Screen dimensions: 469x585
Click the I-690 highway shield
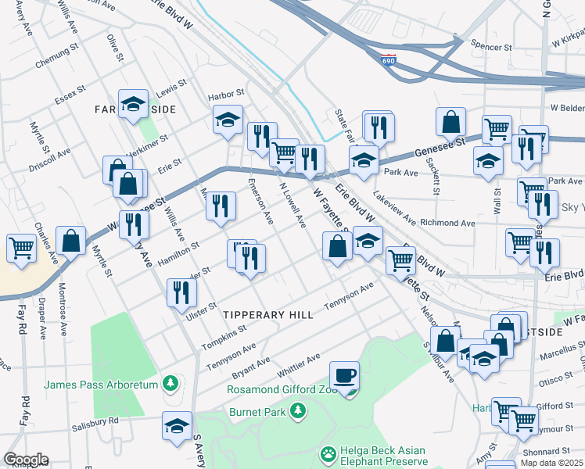point(389,59)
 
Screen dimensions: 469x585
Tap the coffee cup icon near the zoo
point(343,374)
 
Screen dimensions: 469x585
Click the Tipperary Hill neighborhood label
point(268,314)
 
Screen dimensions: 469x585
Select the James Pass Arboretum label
point(102,384)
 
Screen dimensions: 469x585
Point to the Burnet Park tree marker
point(296,410)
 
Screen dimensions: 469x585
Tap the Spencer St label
point(491,47)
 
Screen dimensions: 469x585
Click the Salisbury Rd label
point(93,420)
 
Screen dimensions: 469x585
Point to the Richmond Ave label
point(447,223)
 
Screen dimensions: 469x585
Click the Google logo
point(25,460)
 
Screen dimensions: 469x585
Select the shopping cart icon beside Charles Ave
point(20,248)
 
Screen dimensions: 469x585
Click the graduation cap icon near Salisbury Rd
point(177,425)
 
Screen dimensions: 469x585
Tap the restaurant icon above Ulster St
point(181,293)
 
